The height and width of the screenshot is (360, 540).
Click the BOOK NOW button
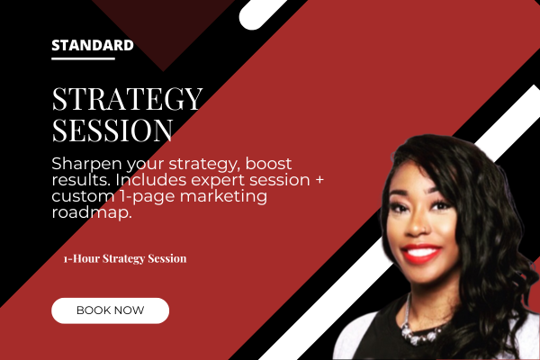coord(110,310)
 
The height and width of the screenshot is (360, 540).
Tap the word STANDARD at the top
coord(93,45)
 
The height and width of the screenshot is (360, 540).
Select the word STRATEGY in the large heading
coord(127,99)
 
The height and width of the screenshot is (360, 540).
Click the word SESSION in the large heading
coord(112,130)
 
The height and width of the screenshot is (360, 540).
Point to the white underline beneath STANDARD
coord(83,58)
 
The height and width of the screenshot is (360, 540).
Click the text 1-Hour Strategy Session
coord(125,258)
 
